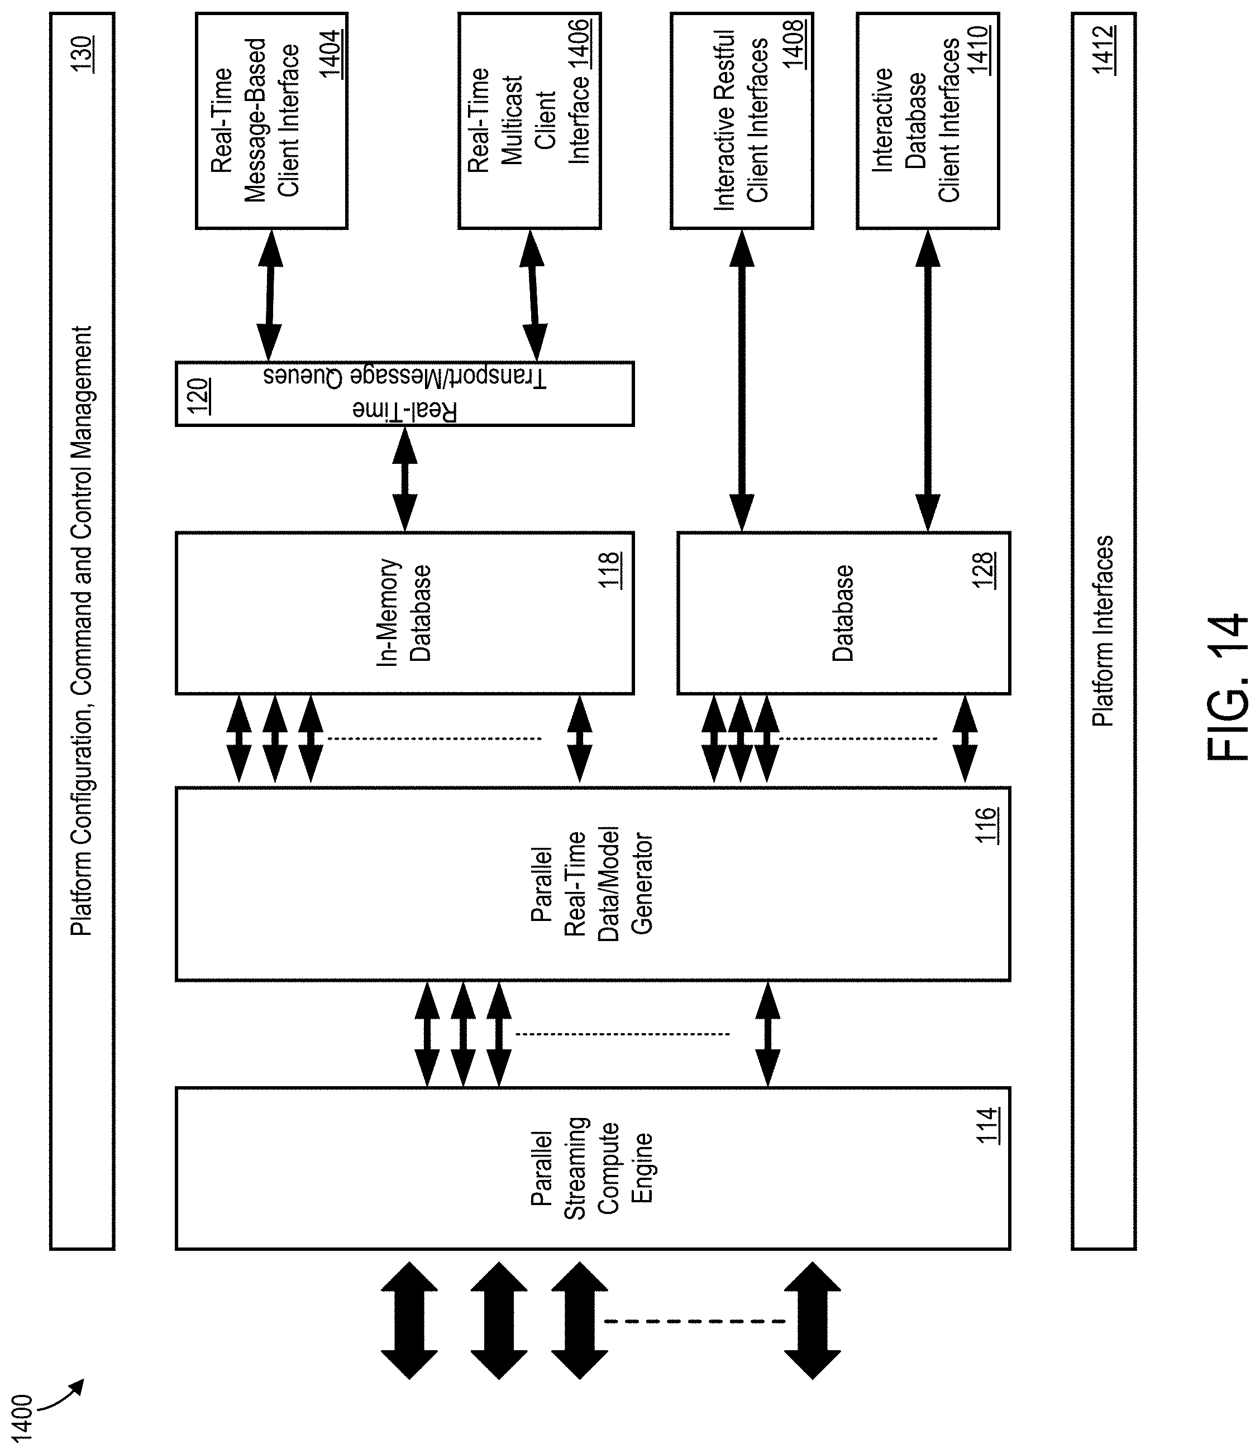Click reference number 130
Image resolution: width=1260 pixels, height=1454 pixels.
tap(82, 52)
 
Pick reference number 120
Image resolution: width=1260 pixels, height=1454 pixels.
tap(198, 397)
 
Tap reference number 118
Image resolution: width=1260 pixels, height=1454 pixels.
tap(609, 570)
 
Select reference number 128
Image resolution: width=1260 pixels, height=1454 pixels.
tap(984, 570)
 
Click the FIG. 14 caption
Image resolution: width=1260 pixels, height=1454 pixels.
tap(1226, 689)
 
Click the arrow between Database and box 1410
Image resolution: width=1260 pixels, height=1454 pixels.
tap(928, 380)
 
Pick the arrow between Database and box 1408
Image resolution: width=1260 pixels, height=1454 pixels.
tap(742, 380)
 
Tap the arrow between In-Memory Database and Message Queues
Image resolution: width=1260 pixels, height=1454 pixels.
tap(404, 478)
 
